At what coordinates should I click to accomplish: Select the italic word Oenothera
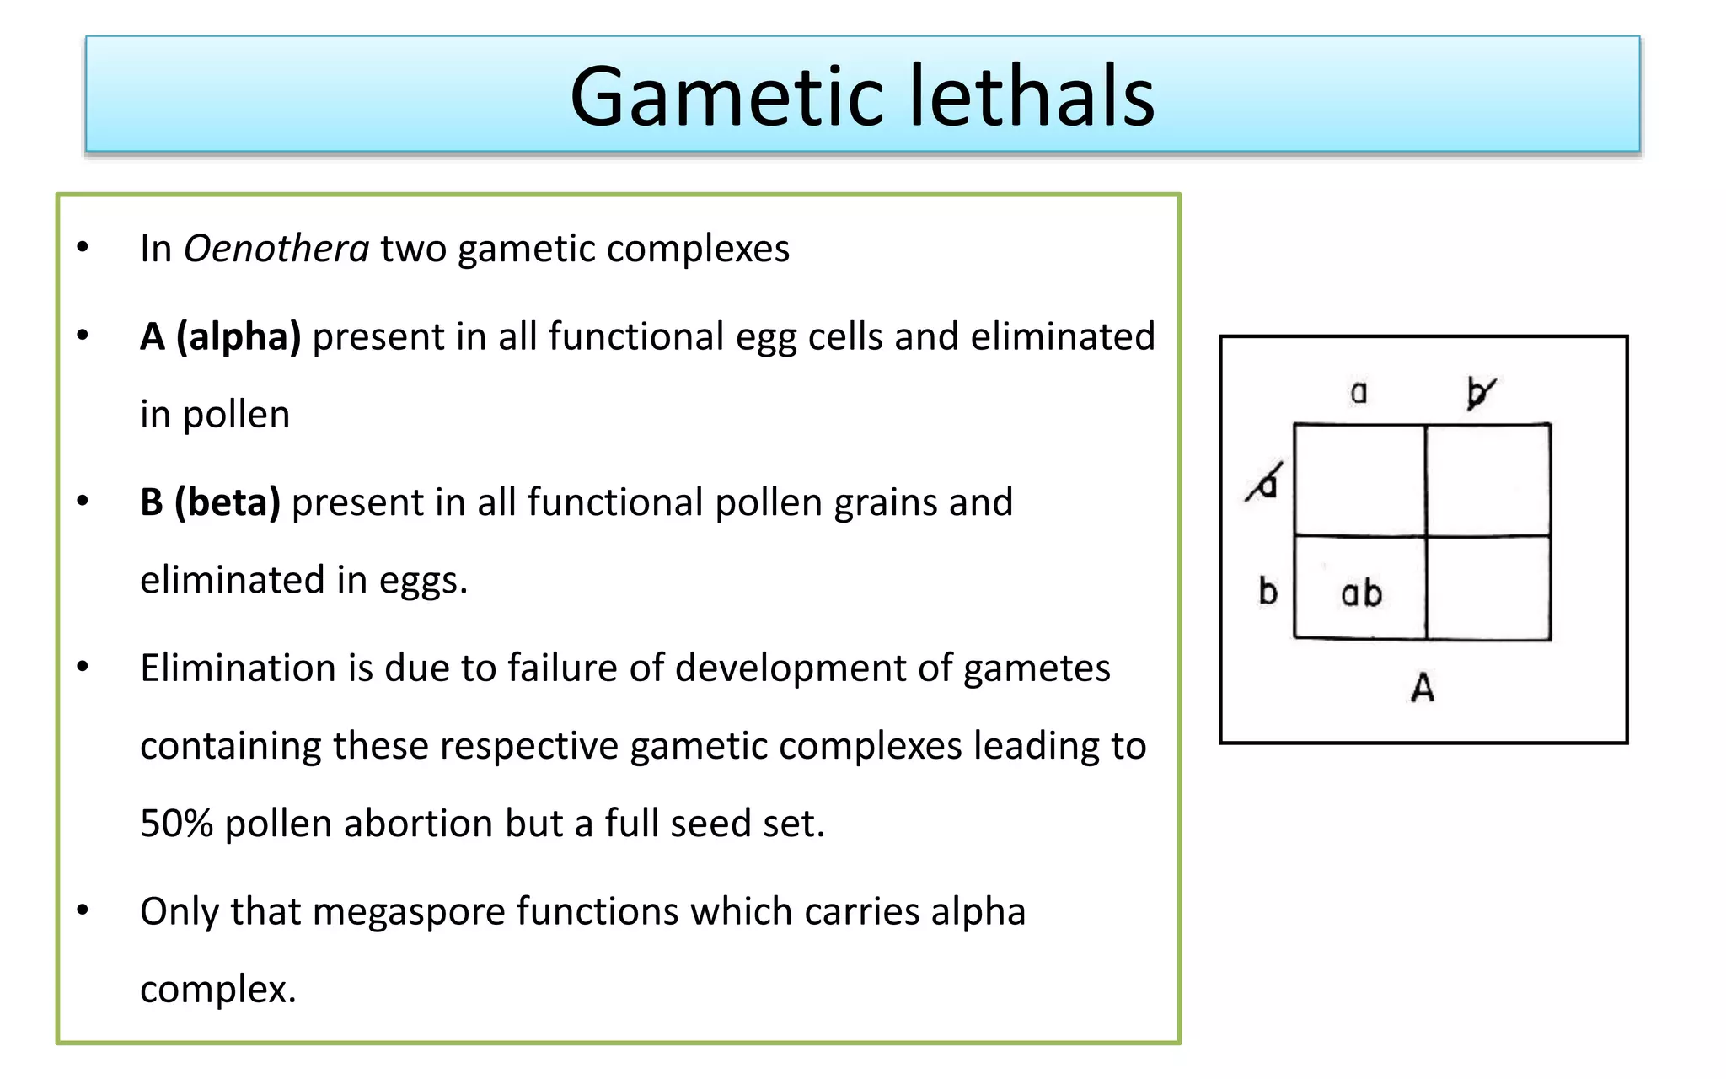click(x=276, y=249)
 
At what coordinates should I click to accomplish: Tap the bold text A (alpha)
click(x=220, y=336)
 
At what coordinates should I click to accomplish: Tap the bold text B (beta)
click(x=210, y=502)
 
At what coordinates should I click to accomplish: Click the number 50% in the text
click(x=176, y=824)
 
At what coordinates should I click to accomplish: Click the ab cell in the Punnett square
click(x=1361, y=593)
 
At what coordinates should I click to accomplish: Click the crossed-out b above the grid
click(x=1479, y=393)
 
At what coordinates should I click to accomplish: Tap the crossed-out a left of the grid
click(x=1265, y=484)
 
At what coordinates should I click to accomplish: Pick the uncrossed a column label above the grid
click(x=1359, y=392)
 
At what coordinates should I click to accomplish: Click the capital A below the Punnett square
click(x=1423, y=688)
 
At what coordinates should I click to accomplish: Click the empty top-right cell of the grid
click(x=1488, y=480)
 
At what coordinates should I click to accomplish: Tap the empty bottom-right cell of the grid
click(x=1488, y=588)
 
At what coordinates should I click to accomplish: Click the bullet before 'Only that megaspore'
click(x=83, y=910)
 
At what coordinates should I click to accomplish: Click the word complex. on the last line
click(x=217, y=990)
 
